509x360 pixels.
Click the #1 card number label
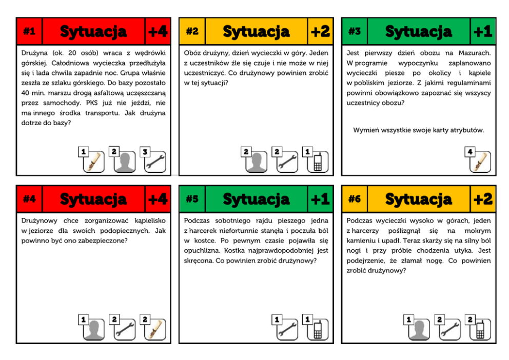click(29, 31)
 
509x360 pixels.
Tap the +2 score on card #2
click(320, 31)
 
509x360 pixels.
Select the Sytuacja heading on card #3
click(418, 32)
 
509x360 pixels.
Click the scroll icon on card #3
click(480, 162)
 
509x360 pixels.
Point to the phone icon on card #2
click(318, 162)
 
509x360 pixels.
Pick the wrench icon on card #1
click(155, 162)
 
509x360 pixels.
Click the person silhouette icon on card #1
click(124, 162)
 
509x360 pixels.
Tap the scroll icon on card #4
click(155, 329)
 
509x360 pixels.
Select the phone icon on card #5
click(318, 329)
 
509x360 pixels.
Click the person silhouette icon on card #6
click(419, 329)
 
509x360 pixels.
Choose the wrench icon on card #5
click(287, 329)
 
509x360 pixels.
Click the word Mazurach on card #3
click(475, 53)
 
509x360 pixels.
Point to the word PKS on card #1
click(92, 103)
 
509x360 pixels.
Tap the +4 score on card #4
click(158, 199)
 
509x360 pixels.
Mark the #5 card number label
click(192, 199)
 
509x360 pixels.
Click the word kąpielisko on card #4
click(150, 221)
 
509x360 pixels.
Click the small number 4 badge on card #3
click(470, 151)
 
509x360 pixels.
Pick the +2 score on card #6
click(483, 199)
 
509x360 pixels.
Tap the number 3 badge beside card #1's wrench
click(145, 151)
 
